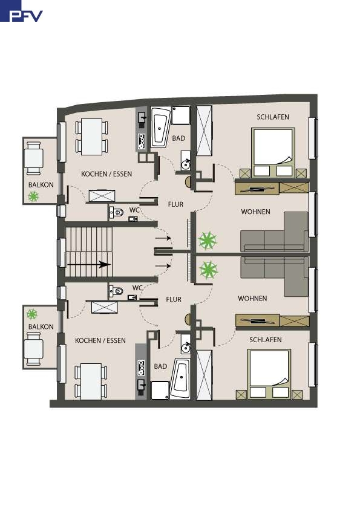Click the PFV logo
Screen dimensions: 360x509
coord(21,11)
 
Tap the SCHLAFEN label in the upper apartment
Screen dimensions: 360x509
coord(273,117)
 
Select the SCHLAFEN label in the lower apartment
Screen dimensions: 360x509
coord(266,340)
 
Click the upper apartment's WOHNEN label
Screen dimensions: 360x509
coord(255,212)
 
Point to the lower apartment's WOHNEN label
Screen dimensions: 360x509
coord(252,298)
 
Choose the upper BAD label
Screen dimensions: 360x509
coord(178,138)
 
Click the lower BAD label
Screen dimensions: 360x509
coord(160,366)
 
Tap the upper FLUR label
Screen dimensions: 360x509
coord(175,204)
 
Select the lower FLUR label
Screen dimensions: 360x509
coord(174,299)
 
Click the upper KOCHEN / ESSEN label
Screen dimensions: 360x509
coord(106,174)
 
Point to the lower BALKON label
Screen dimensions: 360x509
coord(41,326)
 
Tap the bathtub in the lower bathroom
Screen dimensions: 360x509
coord(180,378)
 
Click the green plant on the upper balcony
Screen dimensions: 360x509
coord(33,196)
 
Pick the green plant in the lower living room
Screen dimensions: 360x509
coord(208,270)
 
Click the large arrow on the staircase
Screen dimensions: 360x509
coord(89,265)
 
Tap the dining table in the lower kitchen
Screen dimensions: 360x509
coord(91,381)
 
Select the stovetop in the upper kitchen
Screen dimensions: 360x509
coord(142,141)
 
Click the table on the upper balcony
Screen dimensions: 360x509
coord(33,158)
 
